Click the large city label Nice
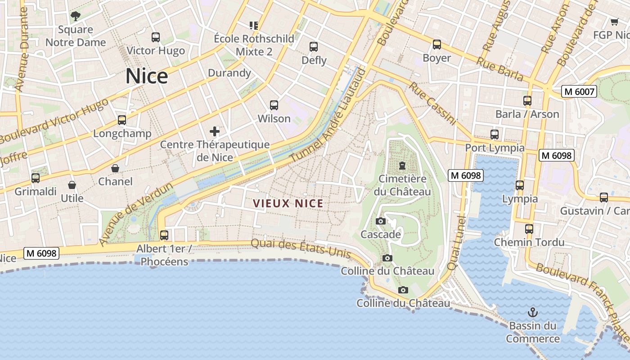[x=147, y=76]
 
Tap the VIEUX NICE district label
[x=288, y=203]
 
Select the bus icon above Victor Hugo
[x=156, y=37]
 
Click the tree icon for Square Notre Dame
[x=76, y=17]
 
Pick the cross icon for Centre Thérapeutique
[x=215, y=131]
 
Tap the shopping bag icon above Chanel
[x=115, y=168]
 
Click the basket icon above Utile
[x=72, y=185]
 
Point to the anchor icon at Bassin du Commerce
[x=533, y=312]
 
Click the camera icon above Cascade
[x=381, y=221]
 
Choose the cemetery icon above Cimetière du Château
[x=402, y=166]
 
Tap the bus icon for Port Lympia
[x=495, y=134]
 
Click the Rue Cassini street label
[x=432, y=104]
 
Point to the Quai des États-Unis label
[x=301, y=248]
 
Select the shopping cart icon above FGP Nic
[x=614, y=22]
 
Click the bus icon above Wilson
[x=274, y=105]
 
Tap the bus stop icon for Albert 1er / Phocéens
[x=164, y=235]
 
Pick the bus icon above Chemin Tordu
[x=529, y=229]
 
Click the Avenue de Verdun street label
[x=135, y=214]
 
